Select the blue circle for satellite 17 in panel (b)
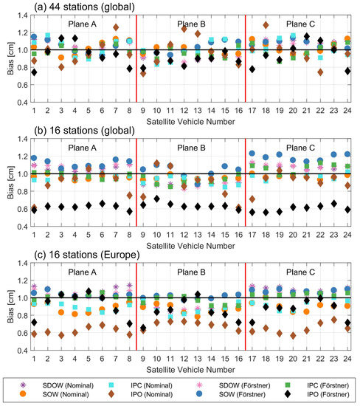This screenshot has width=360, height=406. (252, 154)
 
